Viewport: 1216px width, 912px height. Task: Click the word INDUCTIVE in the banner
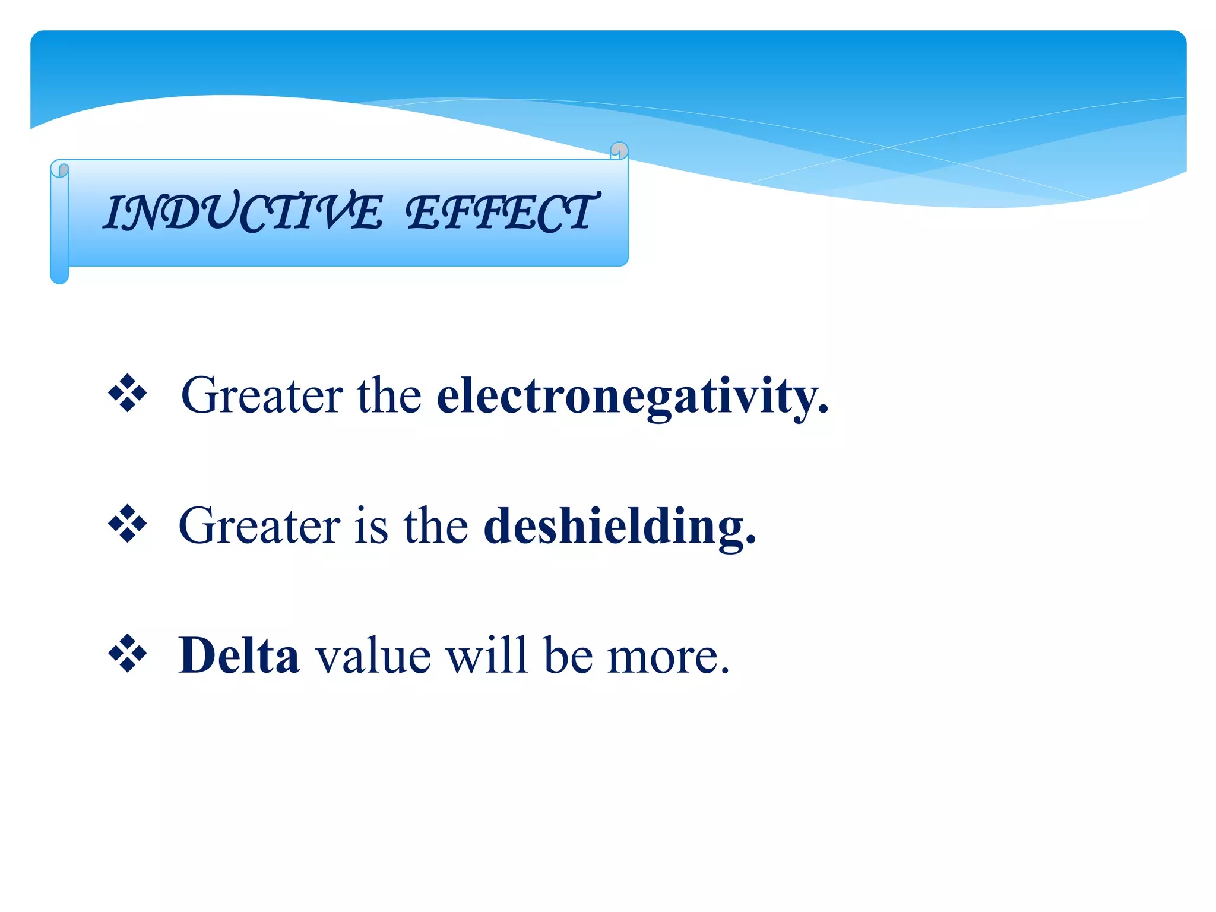pos(243,212)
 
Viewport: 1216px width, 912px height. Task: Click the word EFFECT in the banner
pos(502,212)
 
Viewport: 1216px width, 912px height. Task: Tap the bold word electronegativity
pos(632,396)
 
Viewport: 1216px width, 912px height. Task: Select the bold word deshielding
pos(620,527)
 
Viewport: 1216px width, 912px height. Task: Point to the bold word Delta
pos(239,656)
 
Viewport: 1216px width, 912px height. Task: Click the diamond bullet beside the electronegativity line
pos(128,393)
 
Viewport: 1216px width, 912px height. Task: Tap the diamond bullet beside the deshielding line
pos(128,524)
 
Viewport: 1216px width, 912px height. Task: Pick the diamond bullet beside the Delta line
pos(128,654)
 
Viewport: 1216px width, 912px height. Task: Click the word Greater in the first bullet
pos(262,396)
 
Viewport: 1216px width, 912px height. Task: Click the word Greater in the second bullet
pos(259,527)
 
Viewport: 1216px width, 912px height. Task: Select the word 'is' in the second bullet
pos(371,527)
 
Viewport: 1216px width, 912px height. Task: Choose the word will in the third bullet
pos(487,656)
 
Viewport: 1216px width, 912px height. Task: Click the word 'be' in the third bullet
pos(568,656)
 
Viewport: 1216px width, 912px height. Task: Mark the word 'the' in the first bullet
pos(389,396)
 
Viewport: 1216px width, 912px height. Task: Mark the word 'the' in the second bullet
pos(436,527)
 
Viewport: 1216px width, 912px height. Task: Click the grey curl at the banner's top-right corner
pos(619,150)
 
